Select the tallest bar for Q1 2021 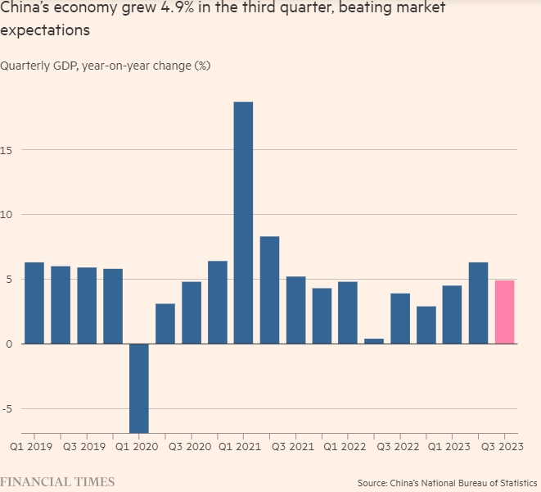tap(243, 222)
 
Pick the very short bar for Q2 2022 tap(374, 341)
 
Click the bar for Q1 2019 tap(34, 303)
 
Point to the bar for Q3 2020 tap(191, 312)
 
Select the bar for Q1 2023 tap(452, 314)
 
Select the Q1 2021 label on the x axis tap(239, 448)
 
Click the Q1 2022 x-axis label tap(344, 448)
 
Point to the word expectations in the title tap(45, 30)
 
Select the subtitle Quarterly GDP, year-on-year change tap(106, 66)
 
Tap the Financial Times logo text tap(57, 481)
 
